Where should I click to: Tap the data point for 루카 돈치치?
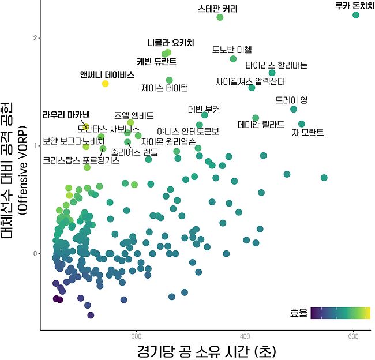356,15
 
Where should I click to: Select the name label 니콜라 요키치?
171,43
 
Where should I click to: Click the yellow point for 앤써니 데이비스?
106,84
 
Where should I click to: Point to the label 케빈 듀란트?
156,61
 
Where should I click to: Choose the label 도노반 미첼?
232,50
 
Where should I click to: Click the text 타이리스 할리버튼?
276,65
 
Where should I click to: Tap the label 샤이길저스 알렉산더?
250,81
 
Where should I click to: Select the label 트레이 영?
291,100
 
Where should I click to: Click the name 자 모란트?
307,132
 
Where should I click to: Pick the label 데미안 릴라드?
261,124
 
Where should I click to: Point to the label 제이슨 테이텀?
164,88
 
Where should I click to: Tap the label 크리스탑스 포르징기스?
81,160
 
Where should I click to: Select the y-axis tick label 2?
35,38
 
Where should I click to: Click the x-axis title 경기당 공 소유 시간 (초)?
205,350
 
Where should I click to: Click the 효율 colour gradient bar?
340,313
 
